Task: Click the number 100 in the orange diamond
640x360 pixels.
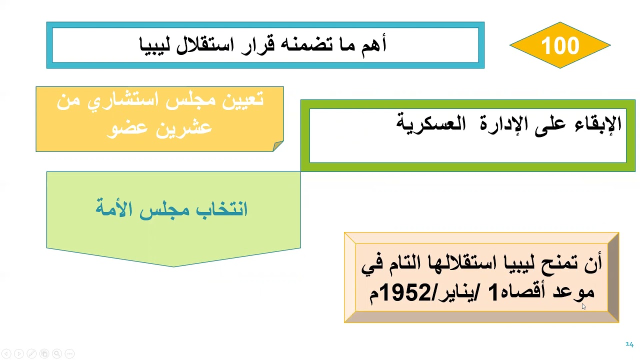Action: point(560,45)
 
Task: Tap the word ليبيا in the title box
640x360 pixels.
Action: point(155,45)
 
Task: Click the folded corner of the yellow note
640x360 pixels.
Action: point(278,146)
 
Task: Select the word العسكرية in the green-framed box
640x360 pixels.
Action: point(427,123)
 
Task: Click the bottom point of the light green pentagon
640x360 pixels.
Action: point(173,266)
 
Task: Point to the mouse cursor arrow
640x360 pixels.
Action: point(583,306)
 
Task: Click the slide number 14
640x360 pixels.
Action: point(629,344)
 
